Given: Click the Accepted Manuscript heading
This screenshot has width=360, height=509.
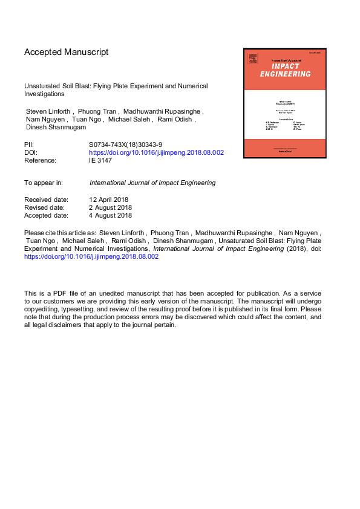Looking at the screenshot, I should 67,52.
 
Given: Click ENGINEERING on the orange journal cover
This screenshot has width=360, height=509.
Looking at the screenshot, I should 285,74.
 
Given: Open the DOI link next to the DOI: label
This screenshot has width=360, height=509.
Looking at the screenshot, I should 157,153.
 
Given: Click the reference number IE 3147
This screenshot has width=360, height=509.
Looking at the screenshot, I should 102,161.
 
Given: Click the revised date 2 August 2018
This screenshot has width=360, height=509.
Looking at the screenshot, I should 111,207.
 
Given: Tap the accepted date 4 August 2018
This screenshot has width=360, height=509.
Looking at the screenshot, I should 111,215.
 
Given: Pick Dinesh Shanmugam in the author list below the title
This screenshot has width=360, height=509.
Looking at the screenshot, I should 55,128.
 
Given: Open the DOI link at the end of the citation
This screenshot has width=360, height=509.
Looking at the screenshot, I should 91,256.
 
